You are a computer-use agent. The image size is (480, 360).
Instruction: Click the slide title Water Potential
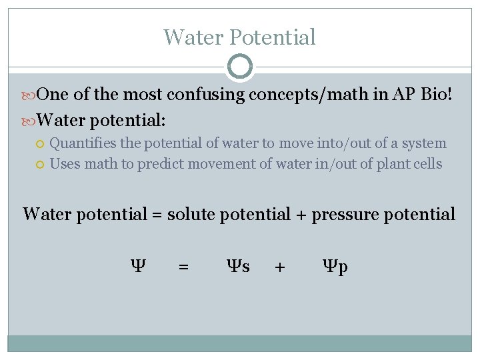click(x=239, y=37)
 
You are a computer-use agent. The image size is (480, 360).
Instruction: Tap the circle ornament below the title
click(x=239, y=67)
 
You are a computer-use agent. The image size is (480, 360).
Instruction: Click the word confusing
click(x=205, y=95)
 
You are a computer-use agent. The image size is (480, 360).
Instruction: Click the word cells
click(x=426, y=164)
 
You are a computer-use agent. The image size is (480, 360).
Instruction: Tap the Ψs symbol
click(x=239, y=267)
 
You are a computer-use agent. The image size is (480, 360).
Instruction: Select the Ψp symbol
click(x=335, y=267)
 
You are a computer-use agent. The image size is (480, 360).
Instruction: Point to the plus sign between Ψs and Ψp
click(x=280, y=267)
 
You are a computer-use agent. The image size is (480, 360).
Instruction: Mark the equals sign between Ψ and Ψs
click(x=183, y=267)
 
